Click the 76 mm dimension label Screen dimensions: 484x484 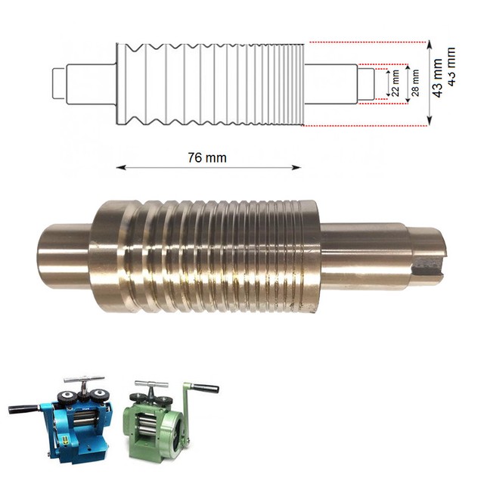coord(206,157)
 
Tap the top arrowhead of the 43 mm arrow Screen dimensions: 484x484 coord(430,44)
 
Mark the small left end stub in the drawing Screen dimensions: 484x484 coord(59,82)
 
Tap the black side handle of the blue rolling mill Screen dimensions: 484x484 coord(22,409)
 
